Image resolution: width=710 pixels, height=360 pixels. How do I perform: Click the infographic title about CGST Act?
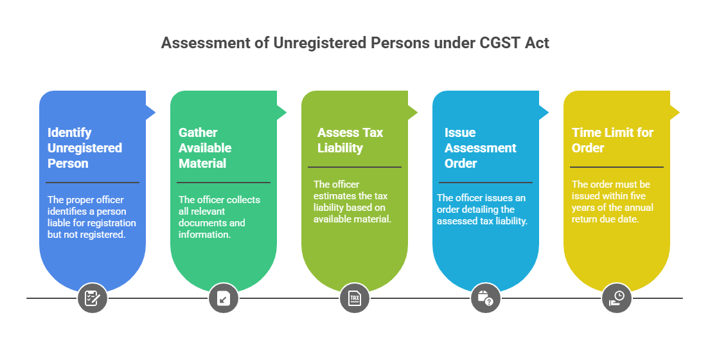(355, 43)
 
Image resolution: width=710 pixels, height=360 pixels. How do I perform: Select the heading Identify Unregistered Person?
(85, 148)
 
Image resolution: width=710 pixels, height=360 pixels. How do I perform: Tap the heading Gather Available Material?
(205, 148)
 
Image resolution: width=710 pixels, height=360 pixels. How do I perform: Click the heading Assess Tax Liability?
(350, 140)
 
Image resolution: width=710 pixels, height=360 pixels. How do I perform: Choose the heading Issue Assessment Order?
(480, 148)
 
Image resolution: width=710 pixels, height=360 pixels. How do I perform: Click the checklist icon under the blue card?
(93, 298)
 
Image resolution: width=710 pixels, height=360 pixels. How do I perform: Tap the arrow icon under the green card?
(224, 298)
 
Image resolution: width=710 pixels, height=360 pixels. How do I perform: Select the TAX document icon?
(355, 298)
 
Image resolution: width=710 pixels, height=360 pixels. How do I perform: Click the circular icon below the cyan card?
(486, 298)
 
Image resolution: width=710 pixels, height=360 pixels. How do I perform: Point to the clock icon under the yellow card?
(617, 298)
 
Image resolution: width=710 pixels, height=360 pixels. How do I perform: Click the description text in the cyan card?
(483, 210)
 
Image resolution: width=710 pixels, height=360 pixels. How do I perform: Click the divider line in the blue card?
(93, 183)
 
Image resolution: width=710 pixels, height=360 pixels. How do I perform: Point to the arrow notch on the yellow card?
(675, 113)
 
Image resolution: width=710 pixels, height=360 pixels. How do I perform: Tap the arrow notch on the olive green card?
(413, 113)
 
